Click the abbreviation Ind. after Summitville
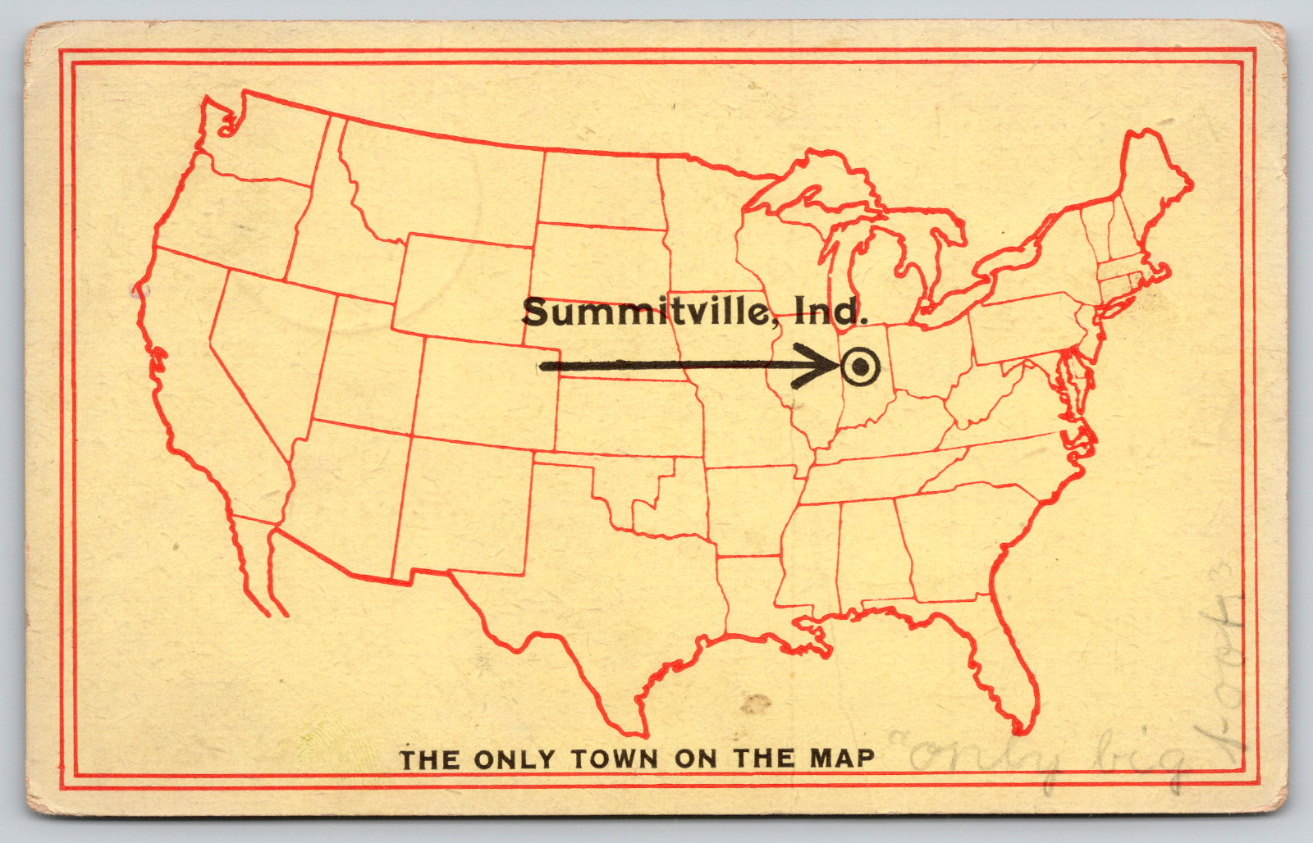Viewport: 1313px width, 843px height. pos(827,310)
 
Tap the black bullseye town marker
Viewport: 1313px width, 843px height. pos(859,367)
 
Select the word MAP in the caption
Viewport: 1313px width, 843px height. pos(843,758)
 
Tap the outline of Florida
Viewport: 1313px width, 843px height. pos(1001,656)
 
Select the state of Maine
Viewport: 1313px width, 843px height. pos(1153,189)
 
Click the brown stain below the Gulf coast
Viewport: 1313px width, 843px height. pos(756,703)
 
